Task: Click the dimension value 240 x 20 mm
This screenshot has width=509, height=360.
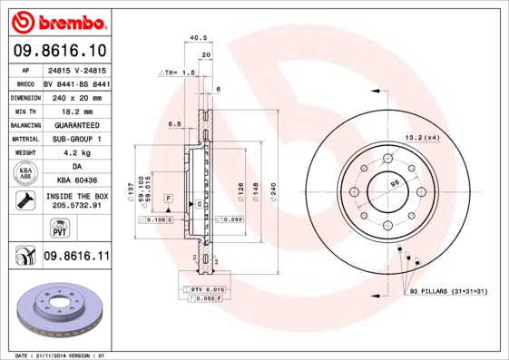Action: click(76, 96)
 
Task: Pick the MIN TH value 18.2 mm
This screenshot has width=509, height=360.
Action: click(76, 110)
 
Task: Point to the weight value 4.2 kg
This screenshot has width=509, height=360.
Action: click(76, 153)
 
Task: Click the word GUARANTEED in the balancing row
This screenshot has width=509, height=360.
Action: click(76, 124)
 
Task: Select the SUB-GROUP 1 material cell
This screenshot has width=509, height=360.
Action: click(76, 139)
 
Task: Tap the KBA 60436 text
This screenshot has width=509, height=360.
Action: click(76, 180)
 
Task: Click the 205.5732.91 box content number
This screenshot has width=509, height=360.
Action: click(76, 207)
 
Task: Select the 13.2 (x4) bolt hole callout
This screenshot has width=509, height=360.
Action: click(421, 138)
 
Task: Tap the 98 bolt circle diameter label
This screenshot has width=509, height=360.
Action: click(395, 183)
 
